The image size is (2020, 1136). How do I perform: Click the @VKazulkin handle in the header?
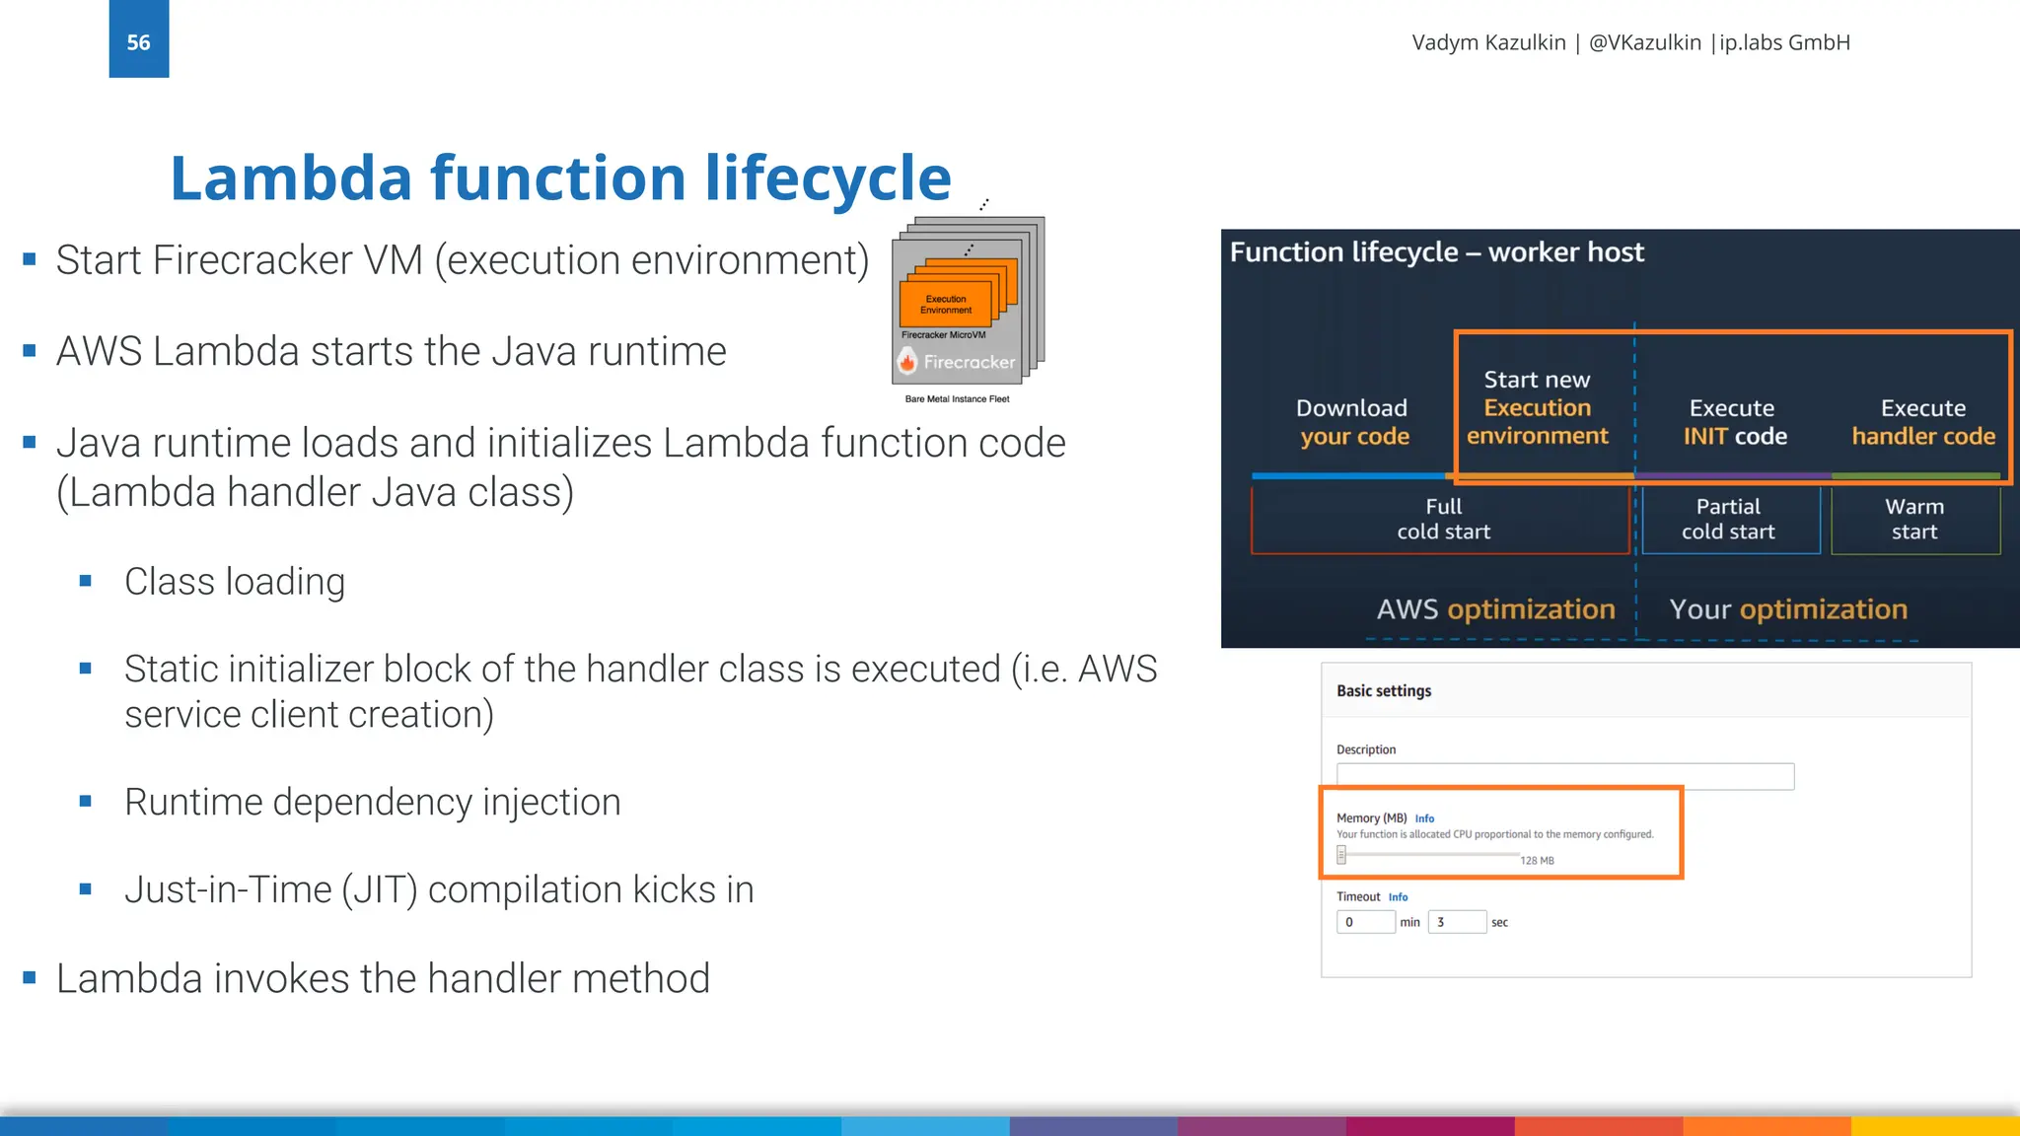1644,42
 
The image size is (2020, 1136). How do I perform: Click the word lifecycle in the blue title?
828,179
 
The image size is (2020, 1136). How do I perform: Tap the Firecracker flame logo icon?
907,362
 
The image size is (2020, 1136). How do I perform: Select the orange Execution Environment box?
945,304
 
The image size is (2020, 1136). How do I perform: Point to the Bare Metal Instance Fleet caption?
957,399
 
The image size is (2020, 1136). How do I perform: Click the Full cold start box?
1442,520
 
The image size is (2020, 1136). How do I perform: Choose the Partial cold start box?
1728,520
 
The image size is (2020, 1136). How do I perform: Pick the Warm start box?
1913,520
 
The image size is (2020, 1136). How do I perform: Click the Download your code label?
1352,422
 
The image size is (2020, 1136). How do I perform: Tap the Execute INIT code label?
1733,422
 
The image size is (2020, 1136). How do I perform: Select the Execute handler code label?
1922,422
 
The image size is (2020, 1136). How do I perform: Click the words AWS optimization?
1495,609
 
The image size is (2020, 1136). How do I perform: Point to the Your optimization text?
1787,609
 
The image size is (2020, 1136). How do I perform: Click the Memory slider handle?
1341,855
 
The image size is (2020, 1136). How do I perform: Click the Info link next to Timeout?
1398,897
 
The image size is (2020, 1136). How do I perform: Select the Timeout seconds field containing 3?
1457,922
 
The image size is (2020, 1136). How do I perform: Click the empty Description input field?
1564,776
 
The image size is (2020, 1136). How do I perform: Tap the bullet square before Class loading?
86,582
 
